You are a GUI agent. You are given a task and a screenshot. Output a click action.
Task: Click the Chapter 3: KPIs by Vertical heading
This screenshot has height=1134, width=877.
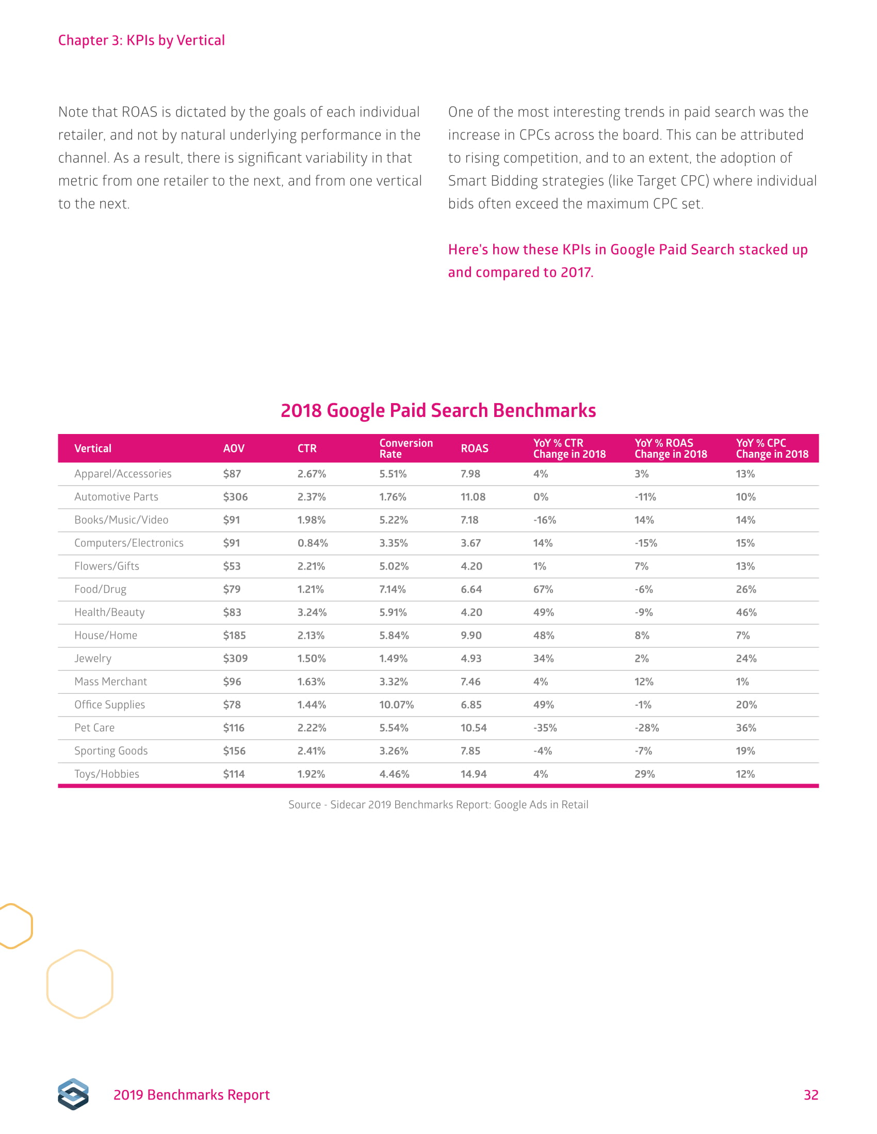141,41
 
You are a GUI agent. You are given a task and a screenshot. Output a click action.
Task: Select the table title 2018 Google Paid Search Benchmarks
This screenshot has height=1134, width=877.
438,411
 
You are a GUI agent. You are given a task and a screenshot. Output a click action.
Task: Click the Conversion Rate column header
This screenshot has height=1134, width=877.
406,448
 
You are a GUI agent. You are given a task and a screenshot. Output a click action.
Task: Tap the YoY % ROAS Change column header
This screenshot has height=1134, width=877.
670,448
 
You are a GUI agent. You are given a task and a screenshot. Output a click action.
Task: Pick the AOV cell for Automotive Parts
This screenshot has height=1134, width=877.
235,497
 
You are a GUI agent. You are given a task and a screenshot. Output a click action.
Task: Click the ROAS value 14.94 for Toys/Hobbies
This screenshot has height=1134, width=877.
473,774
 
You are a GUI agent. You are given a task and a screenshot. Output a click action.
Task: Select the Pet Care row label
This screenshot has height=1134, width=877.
94,728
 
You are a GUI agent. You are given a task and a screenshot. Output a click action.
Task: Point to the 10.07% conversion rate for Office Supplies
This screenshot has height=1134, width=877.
396,705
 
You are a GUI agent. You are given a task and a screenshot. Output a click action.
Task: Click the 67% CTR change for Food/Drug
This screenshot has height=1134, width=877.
543,589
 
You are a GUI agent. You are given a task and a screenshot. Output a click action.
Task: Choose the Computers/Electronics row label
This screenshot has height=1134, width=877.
129,543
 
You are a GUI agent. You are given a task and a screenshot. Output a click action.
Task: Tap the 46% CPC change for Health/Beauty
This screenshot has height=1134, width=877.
746,613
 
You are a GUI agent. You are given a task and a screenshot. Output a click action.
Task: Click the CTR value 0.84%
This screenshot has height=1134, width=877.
312,543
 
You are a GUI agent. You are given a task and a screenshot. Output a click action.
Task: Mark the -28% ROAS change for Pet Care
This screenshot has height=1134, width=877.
646,728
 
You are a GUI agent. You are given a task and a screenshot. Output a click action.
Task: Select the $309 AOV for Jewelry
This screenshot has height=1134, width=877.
235,658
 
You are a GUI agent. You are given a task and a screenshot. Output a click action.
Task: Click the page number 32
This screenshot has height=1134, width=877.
810,1095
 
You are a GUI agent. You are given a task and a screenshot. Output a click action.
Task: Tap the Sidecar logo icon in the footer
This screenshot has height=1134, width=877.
73,1094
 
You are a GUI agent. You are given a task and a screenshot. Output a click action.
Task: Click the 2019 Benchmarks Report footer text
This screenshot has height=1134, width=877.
191,1095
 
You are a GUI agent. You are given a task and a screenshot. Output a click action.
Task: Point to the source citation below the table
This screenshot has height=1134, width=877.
438,805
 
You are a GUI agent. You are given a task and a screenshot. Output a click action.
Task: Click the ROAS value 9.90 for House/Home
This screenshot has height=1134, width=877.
470,636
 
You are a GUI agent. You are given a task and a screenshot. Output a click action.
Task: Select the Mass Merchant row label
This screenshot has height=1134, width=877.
110,682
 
